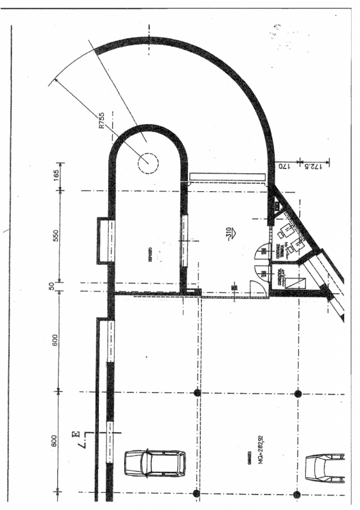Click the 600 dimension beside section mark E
click(x=56, y=441)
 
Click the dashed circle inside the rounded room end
click(x=147, y=162)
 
